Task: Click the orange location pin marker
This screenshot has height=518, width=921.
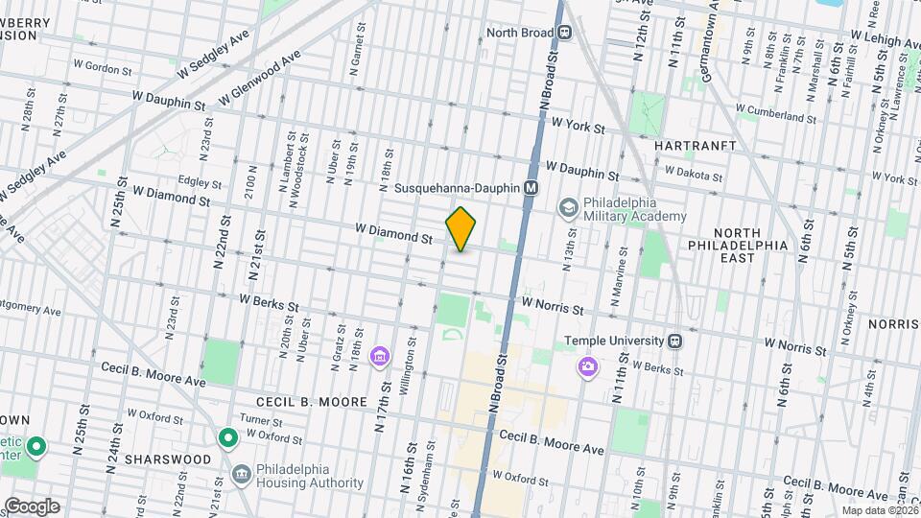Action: point(461,228)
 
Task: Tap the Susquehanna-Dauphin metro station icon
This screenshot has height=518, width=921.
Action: point(530,188)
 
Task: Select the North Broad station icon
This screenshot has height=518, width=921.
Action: point(565,33)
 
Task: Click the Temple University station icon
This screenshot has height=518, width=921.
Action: point(675,341)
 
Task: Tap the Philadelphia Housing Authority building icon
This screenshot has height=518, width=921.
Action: point(241,475)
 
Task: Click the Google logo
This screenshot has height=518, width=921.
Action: point(31,506)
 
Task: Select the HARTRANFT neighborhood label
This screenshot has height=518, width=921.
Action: point(695,146)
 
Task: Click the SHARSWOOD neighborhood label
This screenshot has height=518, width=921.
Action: point(173,459)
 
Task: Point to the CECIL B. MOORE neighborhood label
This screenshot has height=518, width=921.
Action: point(312,401)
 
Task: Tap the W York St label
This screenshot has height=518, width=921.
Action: point(579,126)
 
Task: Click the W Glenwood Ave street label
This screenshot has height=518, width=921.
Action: point(260,78)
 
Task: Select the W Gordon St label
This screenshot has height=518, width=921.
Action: point(101,69)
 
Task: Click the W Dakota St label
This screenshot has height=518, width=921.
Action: point(693,175)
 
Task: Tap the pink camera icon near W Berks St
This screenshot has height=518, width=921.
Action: point(587,366)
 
